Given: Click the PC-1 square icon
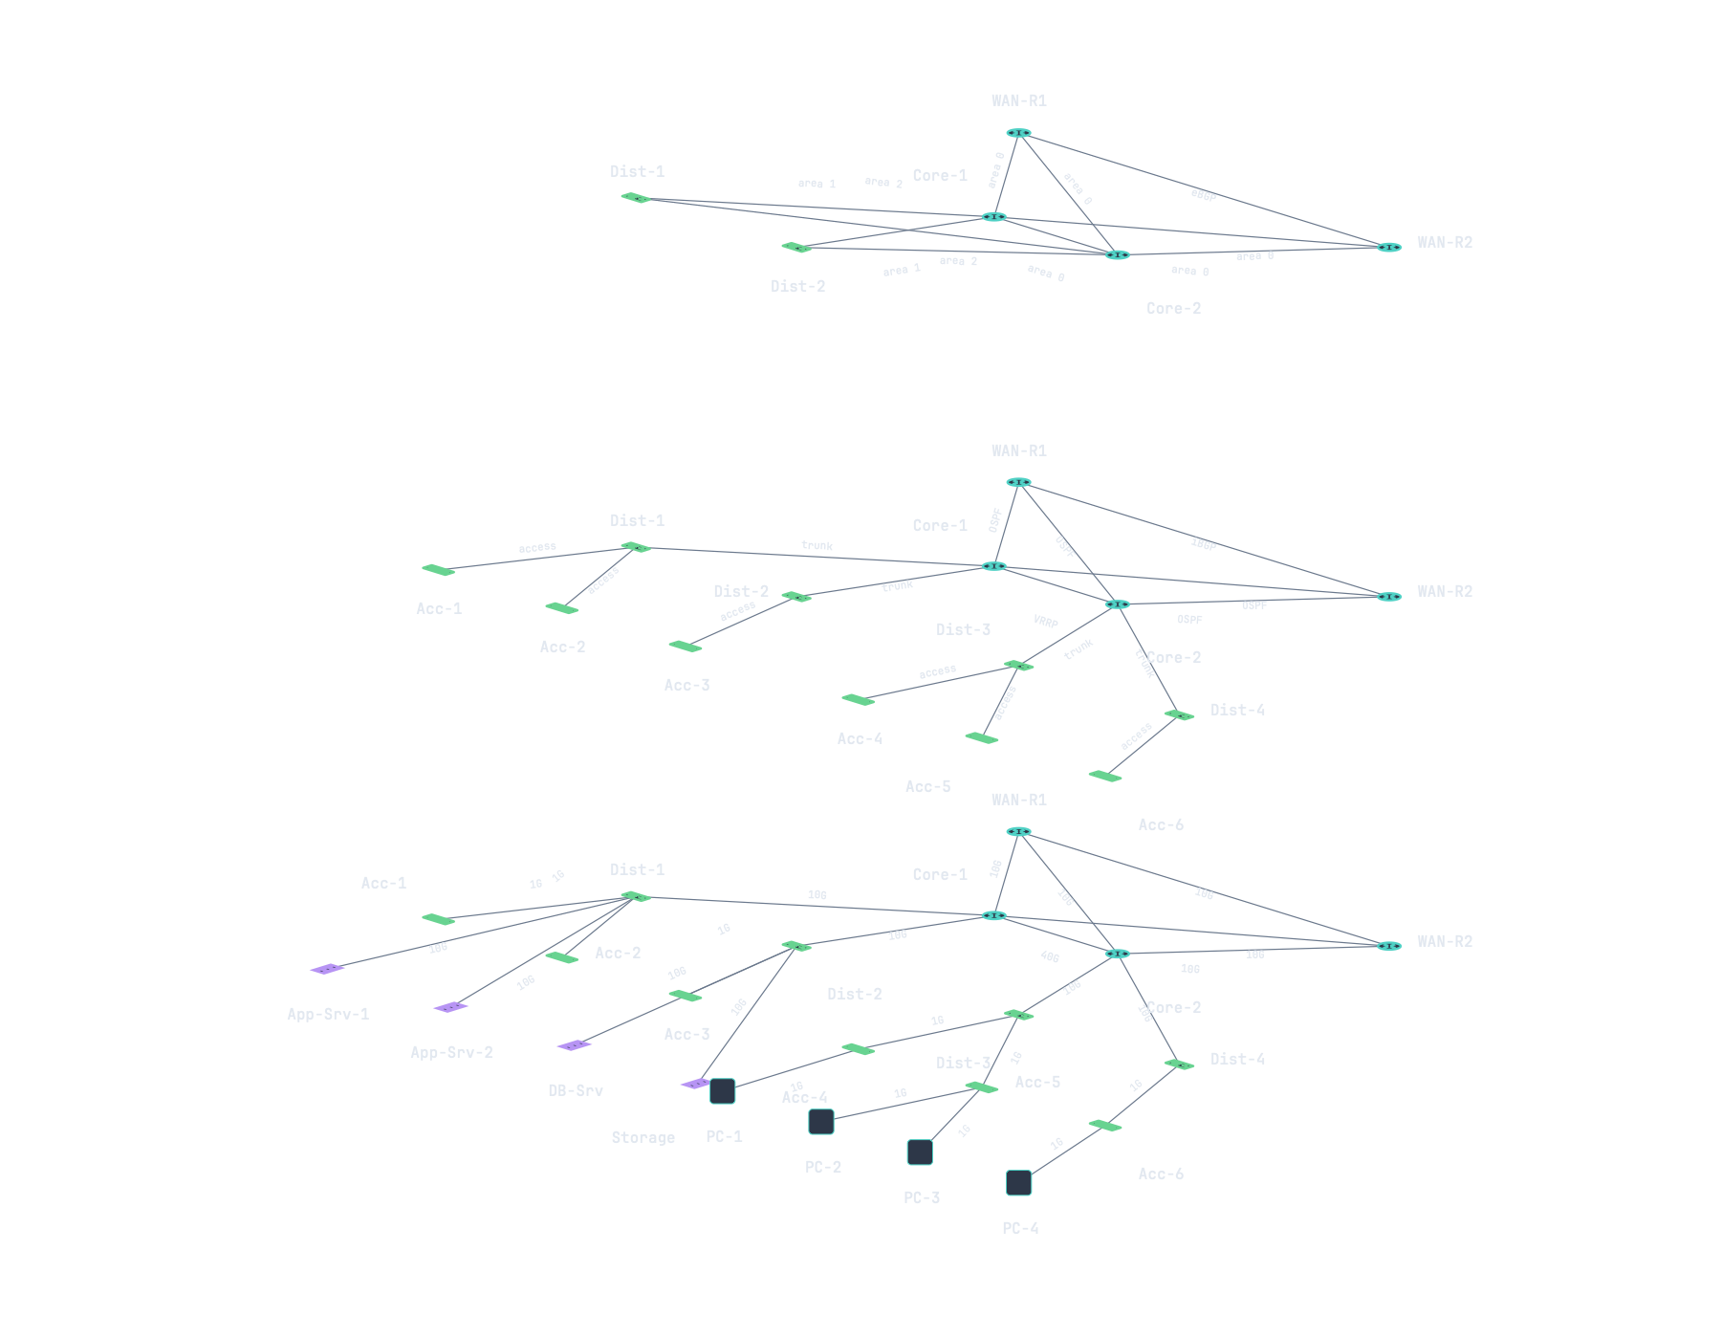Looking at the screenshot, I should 723,1091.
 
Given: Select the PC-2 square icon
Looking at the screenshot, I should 821,1122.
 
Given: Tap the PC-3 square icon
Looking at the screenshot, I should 920,1152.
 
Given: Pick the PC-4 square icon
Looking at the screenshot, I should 1019,1183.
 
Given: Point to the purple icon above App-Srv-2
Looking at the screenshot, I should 450,1007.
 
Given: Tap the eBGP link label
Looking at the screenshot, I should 1204,195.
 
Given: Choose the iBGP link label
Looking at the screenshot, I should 1204,544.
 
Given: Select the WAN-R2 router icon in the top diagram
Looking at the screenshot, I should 1389,248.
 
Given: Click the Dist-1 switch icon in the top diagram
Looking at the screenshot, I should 636,198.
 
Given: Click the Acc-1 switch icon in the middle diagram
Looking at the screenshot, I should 438,570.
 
